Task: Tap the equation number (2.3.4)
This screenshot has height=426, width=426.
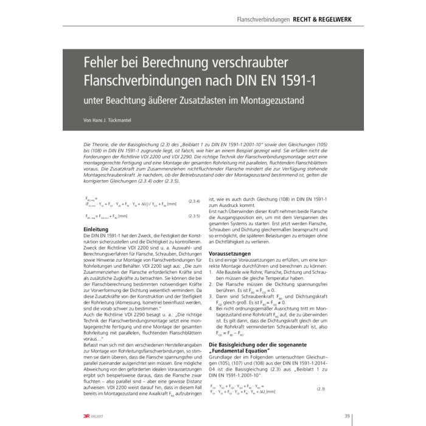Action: coord(194,201)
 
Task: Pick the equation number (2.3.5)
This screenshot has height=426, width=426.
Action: coord(194,215)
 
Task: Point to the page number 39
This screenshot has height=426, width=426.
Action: coord(346,416)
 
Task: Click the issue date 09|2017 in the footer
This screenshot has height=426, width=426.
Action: coord(100,416)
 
